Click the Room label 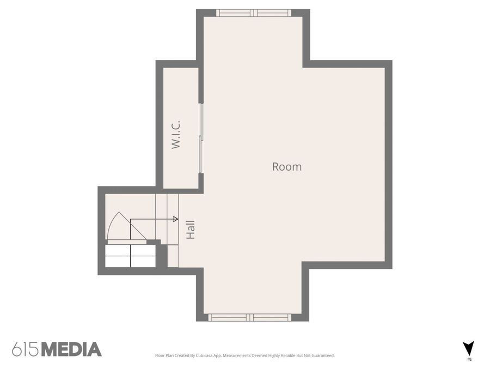[x=287, y=166]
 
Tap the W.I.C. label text [x=176, y=134]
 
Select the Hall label [x=191, y=230]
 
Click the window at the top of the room [x=253, y=13]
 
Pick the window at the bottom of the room [x=250, y=317]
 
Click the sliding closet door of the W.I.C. [x=201, y=138]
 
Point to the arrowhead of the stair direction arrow [x=176, y=219]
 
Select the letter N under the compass [x=470, y=359]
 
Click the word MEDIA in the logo [x=71, y=349]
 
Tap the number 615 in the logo [x=26, y=349]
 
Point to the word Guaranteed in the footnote [x=324, y=355]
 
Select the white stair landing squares [x=130, y=256]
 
